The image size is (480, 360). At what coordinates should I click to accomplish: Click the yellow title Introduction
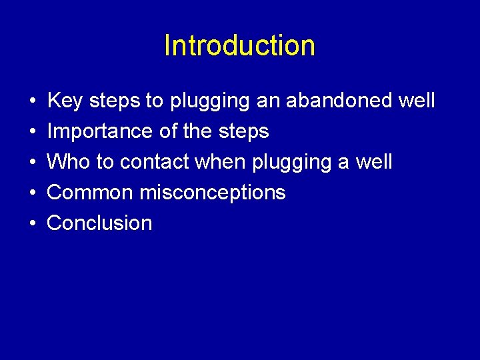pos(239,46)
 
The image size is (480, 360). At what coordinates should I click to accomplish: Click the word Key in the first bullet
pos(65,101)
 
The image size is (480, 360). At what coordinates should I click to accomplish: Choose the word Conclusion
pos(99,223)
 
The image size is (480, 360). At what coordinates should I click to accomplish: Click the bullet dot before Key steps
pos(32,102)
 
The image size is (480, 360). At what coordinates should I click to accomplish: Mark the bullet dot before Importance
pos(32,132)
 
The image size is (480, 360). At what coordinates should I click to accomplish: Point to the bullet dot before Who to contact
pos(32,163)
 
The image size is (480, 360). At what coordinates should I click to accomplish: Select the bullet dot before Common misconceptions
pos(32,193)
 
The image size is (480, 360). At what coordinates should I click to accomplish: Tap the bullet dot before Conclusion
pos(32,223)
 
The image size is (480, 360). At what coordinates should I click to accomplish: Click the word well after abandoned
pos(416,101)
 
